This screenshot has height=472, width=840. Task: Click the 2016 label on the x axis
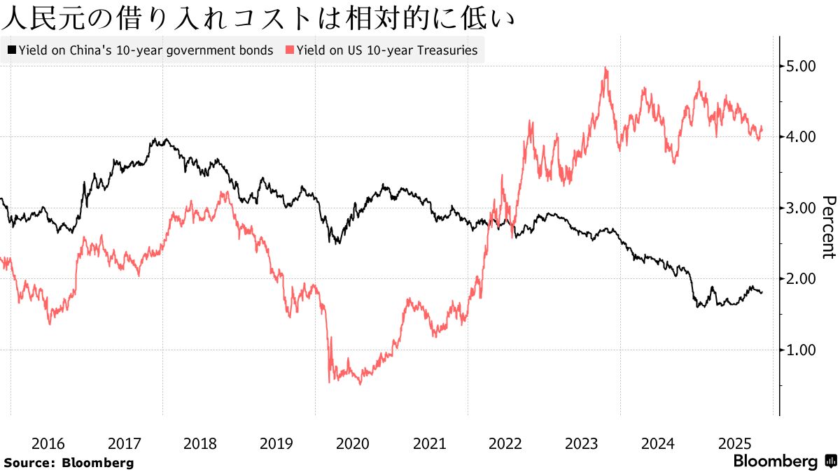point(48,443)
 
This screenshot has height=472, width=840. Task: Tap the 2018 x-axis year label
point(200,443)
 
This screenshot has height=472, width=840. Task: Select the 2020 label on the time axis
point(353,443)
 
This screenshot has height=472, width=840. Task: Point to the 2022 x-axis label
point(505,443)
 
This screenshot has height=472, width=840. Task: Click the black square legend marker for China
point(12,50)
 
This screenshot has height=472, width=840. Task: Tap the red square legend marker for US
point(290,50)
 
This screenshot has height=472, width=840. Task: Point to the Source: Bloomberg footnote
point(68,462)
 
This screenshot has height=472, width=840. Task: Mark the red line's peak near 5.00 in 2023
point(605,68)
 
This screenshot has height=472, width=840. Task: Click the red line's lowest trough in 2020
point(360,384)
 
